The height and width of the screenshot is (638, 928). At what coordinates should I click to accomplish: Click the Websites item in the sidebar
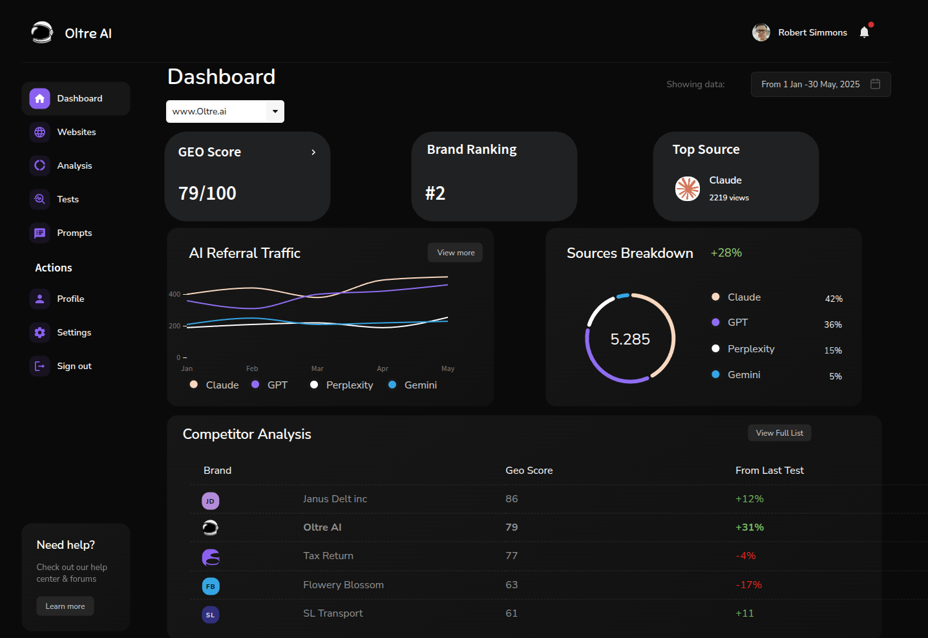click(76, 132)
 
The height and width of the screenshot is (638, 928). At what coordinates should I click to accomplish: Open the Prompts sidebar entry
click(74, 233)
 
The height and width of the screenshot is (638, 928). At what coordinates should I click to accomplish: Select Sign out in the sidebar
click(74, 366)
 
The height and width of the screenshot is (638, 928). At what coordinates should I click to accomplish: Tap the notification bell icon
click(864, 32)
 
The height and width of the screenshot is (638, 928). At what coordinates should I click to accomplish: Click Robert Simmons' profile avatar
click(761, 32)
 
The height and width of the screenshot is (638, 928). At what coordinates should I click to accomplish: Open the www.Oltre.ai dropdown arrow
click(275, 111)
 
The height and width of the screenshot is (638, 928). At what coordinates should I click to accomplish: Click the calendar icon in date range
click(875, 84)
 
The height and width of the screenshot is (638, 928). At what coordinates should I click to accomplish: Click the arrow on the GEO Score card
click(313, 152)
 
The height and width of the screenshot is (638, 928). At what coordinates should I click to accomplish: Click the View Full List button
click(779, 433)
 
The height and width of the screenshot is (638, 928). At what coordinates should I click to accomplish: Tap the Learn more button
click(65, 606)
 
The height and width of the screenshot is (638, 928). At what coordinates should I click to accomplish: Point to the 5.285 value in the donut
click(630, 339)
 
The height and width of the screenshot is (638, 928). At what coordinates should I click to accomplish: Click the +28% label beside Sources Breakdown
click(726, 253)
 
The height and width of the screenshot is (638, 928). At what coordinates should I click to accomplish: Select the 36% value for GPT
click(832, 324)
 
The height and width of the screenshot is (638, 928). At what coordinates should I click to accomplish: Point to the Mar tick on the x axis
click(317, 368)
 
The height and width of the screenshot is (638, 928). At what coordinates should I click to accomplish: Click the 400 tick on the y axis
click(174, 294)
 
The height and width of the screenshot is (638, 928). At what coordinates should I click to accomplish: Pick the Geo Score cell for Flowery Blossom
click(511, 585)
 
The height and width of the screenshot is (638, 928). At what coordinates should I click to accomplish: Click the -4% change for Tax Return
click(745, 556)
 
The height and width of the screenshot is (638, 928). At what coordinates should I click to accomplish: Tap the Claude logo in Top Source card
click(688, 189)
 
